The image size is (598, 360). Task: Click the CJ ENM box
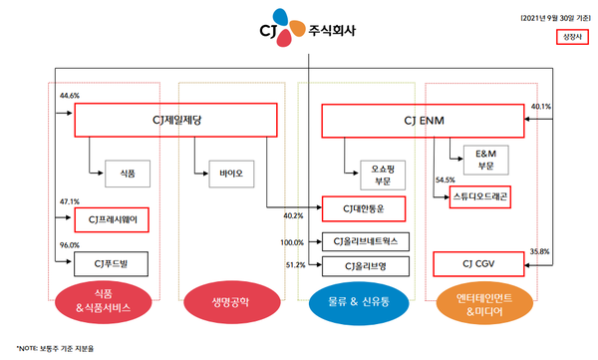click(423, 122)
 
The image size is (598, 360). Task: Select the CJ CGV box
click(478, 264)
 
